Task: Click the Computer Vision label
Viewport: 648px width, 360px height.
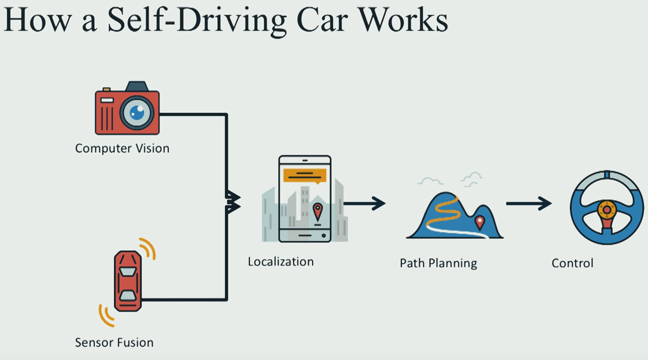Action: click(122, 149)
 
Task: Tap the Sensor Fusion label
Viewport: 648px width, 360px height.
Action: click(114, 343)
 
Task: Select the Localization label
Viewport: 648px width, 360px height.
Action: click(280, 261)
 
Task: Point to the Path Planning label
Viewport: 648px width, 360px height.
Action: click(438, 263)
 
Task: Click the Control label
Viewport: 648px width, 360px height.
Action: click(572, 263)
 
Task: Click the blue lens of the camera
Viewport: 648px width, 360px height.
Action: click(138, 112)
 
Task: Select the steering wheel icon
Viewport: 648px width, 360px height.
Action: click(606, 207)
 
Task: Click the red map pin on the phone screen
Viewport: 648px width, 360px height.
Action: click(317, 210)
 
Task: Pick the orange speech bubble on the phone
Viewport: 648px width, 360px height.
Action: click(305, 175)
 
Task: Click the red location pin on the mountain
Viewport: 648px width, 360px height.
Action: click(479, 222)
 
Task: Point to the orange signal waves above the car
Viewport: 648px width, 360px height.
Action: click(147, 248)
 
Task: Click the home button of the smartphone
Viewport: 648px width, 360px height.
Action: click(304, 235)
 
